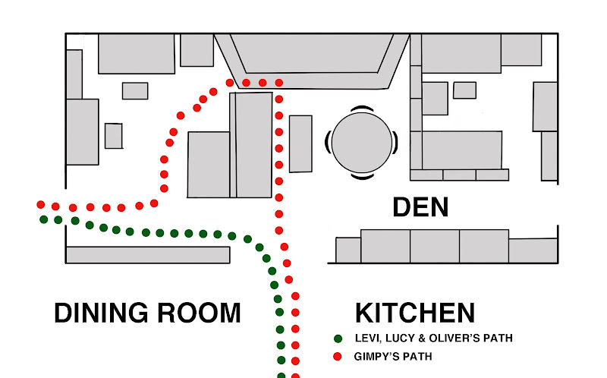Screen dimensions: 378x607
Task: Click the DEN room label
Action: click(x=420, y=206)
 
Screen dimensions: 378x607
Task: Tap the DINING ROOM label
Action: click(x=147, y=313)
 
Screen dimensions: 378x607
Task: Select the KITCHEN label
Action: click(x=415, y=313)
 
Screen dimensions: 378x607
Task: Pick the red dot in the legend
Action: click(x=338, y=356)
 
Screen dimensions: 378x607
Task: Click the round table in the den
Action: click(x=360, y=142)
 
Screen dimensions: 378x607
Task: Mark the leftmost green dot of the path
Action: click(x=44, y=219)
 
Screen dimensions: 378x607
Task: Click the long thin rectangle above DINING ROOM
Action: click(x=148, y=254)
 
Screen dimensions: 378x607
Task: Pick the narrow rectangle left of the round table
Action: click(x=300, y=143)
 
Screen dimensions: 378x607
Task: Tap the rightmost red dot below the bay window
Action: click(x=278, y=82)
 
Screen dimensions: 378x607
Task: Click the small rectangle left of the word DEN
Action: click(x=348, y=250)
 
